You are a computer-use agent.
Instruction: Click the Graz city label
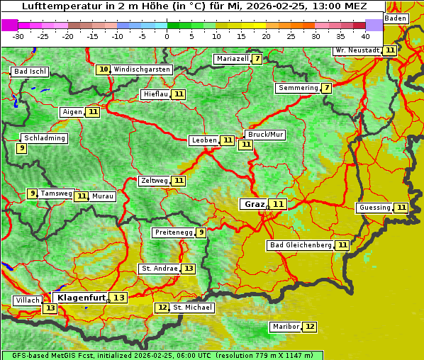(x=254, y=204)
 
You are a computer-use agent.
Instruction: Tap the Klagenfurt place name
(x=81, y=298)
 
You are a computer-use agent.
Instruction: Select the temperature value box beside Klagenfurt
(x=118, y=298)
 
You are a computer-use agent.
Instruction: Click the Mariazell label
(x=232, y=59)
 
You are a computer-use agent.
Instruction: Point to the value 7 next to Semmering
(x=326, y=88)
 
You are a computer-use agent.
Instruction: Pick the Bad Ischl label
(x=30, y=72)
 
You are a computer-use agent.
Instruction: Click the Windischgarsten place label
(x=142, y=69)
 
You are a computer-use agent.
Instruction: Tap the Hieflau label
(x=155, y=94)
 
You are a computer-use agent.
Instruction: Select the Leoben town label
(x=204, y=140)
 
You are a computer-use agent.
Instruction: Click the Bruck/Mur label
(x=265, y=135)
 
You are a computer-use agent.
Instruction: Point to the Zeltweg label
(x=155, y=181)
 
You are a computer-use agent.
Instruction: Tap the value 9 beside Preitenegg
(x=201, y=232)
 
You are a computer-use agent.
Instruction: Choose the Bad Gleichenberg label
(x=301, y=245)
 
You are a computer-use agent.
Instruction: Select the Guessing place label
(x=374, y=208)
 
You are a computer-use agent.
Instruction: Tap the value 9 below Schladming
(x=22, y=148)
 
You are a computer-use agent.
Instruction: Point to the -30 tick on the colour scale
(x=18, y=35)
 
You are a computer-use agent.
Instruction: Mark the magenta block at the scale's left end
(x=9, y=25)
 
